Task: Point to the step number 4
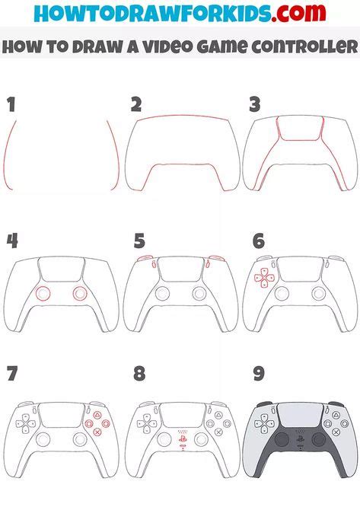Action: coord(12,242)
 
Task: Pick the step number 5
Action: coord(139,242)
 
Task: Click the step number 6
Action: coord(259,242)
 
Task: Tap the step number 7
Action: coord(11,374)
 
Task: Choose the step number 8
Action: coord(139,374)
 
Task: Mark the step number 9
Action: coord(259,374)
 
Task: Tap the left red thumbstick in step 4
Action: coord(43,294)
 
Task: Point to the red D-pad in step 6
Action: coord(264,279)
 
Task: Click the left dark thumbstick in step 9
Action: coord(282,439)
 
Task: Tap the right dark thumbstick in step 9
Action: coord(318,439)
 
